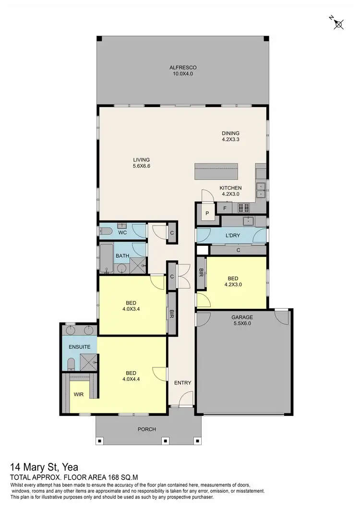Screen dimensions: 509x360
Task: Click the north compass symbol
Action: pos(338,23)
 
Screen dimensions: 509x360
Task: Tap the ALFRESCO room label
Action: pos(182,71)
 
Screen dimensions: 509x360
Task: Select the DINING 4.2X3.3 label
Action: pos(230,136)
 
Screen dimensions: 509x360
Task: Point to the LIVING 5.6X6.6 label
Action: pos(142,163)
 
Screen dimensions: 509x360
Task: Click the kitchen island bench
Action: pos(216,171)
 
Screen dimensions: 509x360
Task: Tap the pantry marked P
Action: pos(208,213)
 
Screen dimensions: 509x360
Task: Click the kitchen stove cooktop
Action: pos(244,208)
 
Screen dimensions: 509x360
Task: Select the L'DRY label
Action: pos(232,236)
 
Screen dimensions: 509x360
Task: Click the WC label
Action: pos(122,233)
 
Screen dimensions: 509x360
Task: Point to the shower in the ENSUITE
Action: pos(88,363)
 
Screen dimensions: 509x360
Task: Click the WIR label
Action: pos(79,394)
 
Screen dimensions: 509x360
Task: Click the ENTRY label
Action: pos(182,383)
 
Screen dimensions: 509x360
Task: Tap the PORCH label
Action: pos(147,429)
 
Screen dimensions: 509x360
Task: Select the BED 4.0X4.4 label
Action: pos(131,376)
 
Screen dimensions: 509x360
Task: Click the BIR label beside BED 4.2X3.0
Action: pos(201,272)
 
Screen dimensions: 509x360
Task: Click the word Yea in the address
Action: pos(69,467)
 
